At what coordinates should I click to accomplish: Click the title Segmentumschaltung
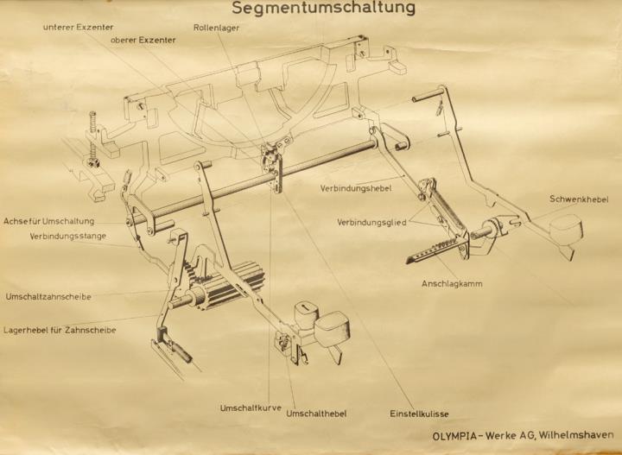pyautogui.click(x=323, y=8)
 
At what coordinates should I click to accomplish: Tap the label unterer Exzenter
pyautogui.click(x=78, y=28)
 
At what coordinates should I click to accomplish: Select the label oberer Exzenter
pyautogui.click(x=143, y=40)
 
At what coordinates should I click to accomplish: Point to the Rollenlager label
pyautogui.click(x=216, y=28)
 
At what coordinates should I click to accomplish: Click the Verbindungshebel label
pyautogui.click(x=356, y=188)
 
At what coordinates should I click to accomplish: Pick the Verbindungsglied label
pyautogui.click(x=371, y=223)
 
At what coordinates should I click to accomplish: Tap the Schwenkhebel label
pyautogui.click(x=579, y=199)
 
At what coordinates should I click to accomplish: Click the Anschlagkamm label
pyautogui.click(x=452, y=284)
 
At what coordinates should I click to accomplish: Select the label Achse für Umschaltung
pyautogui.click(x=48, y=221)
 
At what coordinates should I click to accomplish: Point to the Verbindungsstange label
pyautogui.click(x=68, y=237)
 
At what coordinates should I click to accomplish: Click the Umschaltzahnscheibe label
pyautogui.click(x=48, y=296)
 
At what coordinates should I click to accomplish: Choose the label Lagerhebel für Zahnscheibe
pyautogui.click(x=60, y=330)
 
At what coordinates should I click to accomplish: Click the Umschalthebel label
pyautogui.click(x=316, y=414)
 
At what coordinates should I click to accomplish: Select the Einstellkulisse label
pyautogui.click(x=419, y=414)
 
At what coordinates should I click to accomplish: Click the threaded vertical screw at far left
pyautogui.click(x=92, y=136)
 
